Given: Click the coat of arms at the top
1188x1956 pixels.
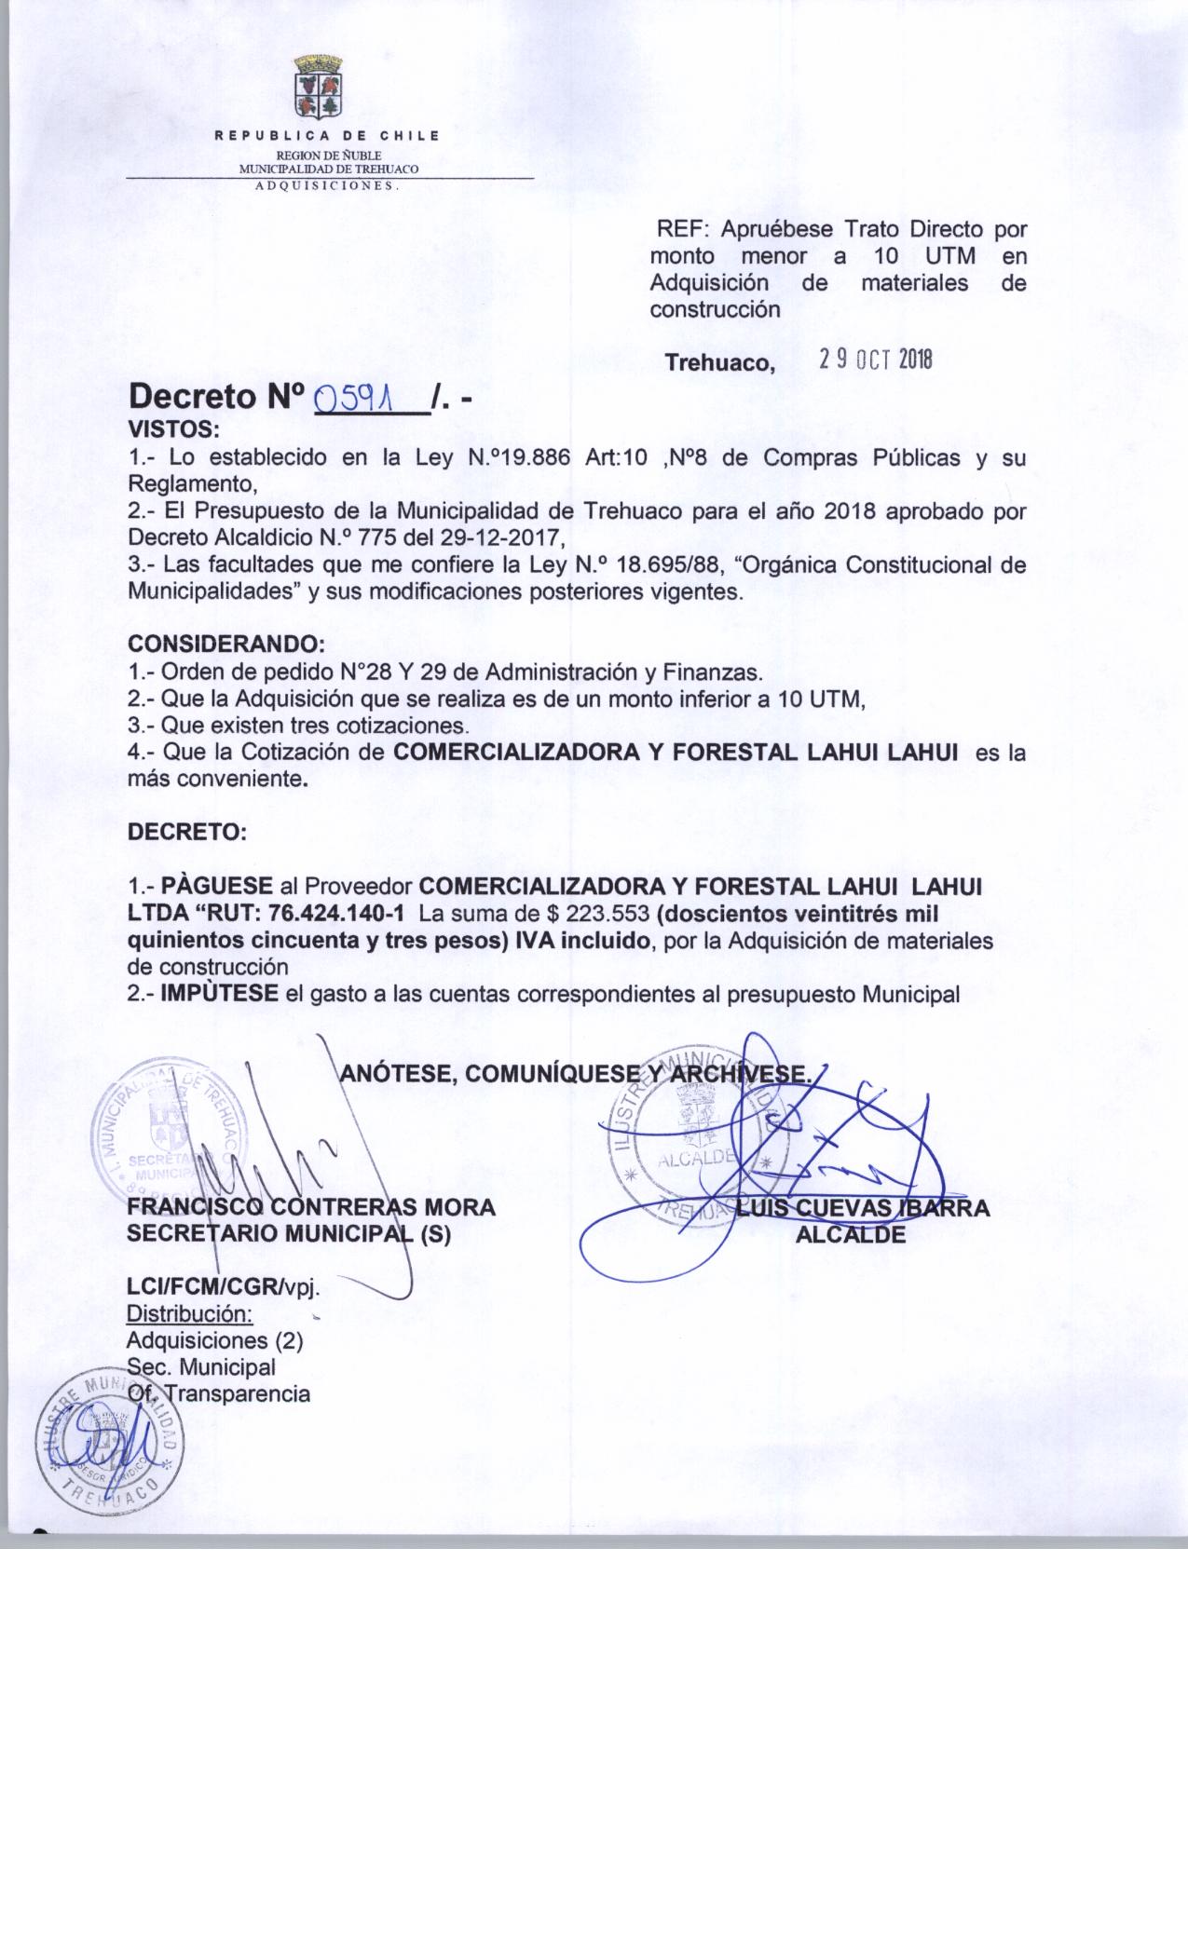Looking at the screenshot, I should click(x=319, y=88).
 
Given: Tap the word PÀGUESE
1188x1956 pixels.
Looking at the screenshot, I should click(x=217, y=885).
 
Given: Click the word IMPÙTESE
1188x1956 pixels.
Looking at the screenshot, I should click(x=220, y=994).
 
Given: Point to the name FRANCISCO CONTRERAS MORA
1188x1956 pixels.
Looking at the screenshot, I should click(x=310, y=1208).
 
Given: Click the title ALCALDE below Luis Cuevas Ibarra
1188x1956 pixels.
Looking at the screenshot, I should click(x=851, y=1235).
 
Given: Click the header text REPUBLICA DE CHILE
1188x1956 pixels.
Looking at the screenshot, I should click(x=327, y=137).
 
